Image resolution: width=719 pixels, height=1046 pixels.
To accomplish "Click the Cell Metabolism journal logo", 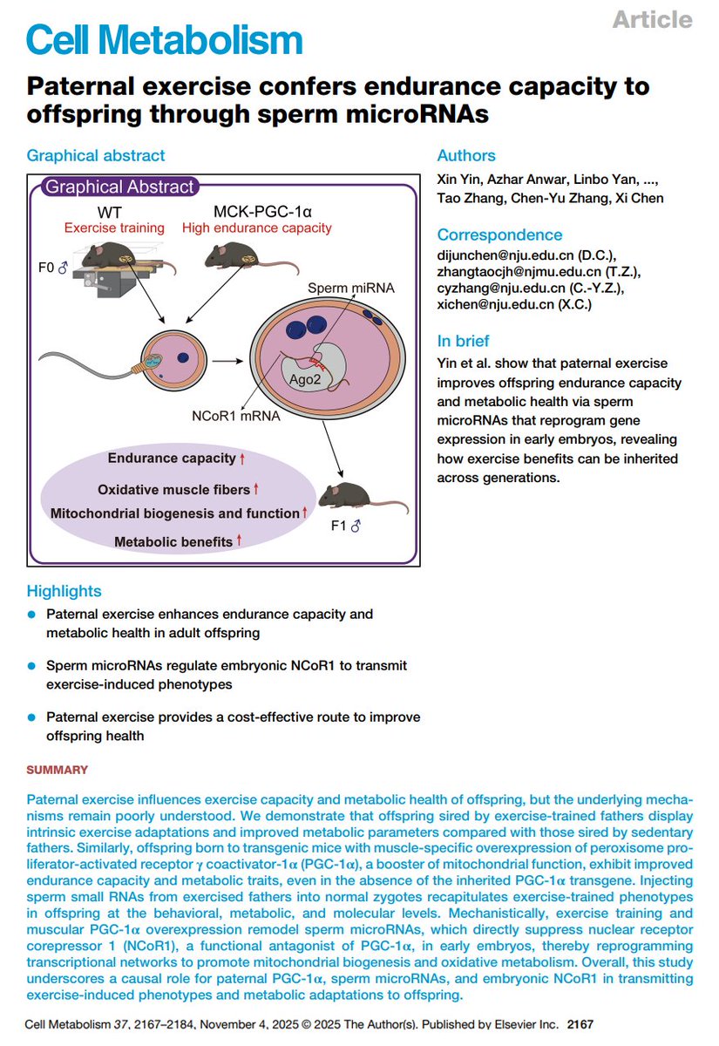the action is point(165,40).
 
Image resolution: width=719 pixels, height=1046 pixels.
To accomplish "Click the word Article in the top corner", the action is point(652,19).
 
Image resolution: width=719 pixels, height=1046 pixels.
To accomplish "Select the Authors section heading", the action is point(466,155).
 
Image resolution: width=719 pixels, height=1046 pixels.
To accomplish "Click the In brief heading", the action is point(463,341).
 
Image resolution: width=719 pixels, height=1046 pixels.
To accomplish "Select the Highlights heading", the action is point(64,591).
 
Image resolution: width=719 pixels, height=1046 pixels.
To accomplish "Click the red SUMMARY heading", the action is point(57,770).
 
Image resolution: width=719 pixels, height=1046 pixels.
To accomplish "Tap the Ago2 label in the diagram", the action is point(305,380).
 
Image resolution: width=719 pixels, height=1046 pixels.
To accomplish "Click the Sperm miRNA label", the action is point(351,289).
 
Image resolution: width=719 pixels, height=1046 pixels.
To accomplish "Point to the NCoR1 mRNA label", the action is point(236,416).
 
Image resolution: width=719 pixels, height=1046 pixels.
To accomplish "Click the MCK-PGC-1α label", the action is point(262,212).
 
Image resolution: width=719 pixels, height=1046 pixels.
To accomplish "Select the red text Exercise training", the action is point(114,228).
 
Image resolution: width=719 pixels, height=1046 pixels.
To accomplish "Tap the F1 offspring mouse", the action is point(361,498).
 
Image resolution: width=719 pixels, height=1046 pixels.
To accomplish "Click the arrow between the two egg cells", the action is point(227,361).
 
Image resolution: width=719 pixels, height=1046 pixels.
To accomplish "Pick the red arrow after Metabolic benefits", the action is point(239,540).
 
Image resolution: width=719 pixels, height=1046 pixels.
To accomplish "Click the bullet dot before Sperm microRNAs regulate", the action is point(31,666).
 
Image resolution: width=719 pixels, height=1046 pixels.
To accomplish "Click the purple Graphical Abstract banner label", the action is point(119,187).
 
